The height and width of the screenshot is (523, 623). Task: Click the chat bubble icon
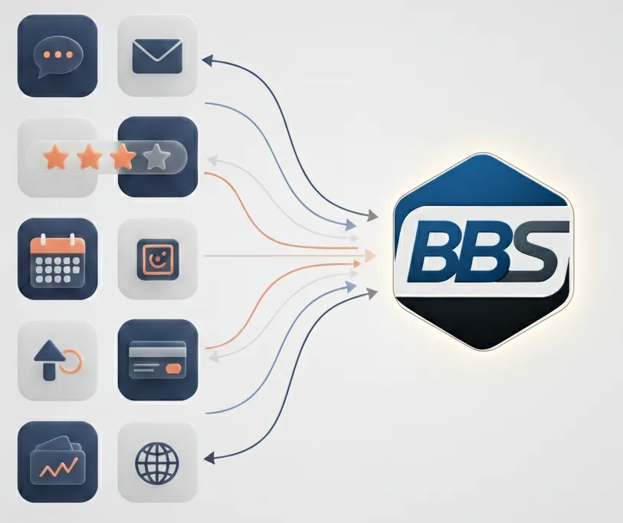pyautogui.click(x=57, y=56)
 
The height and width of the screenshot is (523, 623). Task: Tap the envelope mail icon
pyautogui.click(x=157, y=56)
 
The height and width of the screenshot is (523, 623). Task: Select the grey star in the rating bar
pyautogui.click(x=156, y=157)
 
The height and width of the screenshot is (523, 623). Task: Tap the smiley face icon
pyautogui.click(x=157, y=259)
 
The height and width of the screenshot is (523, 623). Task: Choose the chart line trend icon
pyautogui.click(x=57, y=461)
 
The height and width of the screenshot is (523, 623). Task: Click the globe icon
pyautogui.click(x=157, y=461)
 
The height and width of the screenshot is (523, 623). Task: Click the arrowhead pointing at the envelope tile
pyautogui.click(x=207, y=58)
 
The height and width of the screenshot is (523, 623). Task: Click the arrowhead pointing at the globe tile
pyautogui.click(x=207, y=459)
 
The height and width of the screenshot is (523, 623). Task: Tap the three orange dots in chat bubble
pyautogui.click(x=57, y=54)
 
